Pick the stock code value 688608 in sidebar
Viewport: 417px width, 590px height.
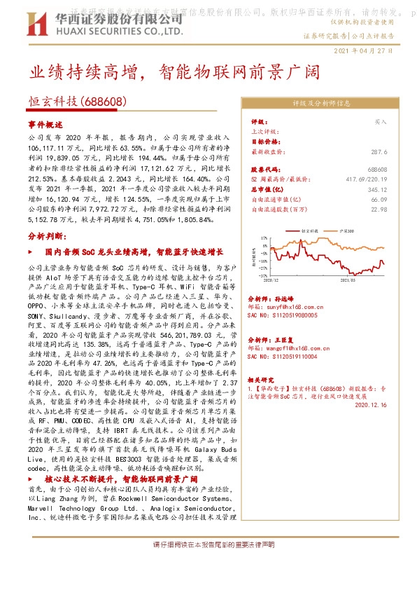click(x=377, y=170)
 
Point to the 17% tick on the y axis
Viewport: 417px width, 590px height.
click(x=264, y=238)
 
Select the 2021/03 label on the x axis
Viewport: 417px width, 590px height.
click(x=348, y=279)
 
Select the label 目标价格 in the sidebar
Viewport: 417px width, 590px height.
click(x=262, y=141)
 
